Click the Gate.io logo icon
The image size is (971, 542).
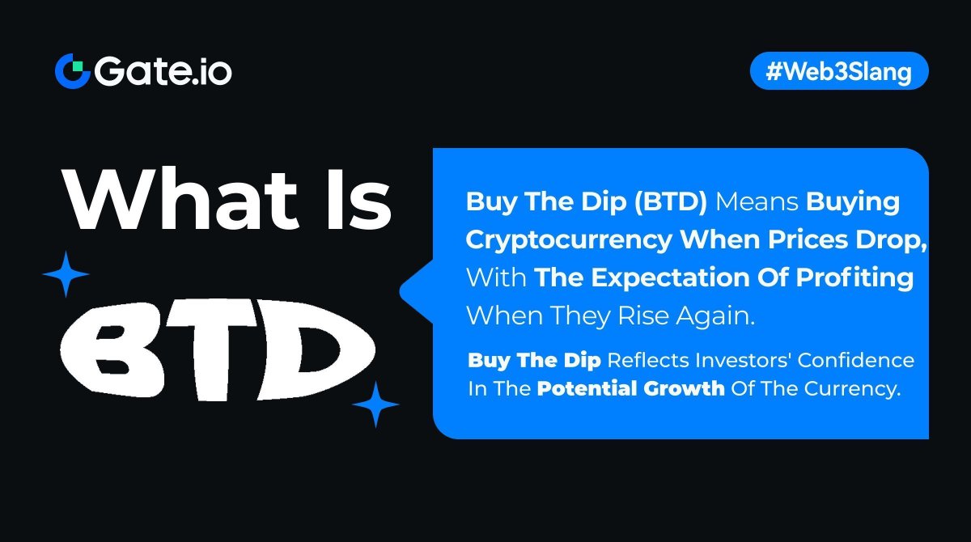click(x=71, y=72)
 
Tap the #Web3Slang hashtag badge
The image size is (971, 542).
click(x=839, y=72)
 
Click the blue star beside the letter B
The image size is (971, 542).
click(x=66, y=274)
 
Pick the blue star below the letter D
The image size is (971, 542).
click(x=375, y=404)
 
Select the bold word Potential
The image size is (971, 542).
click(x=587, y=387)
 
